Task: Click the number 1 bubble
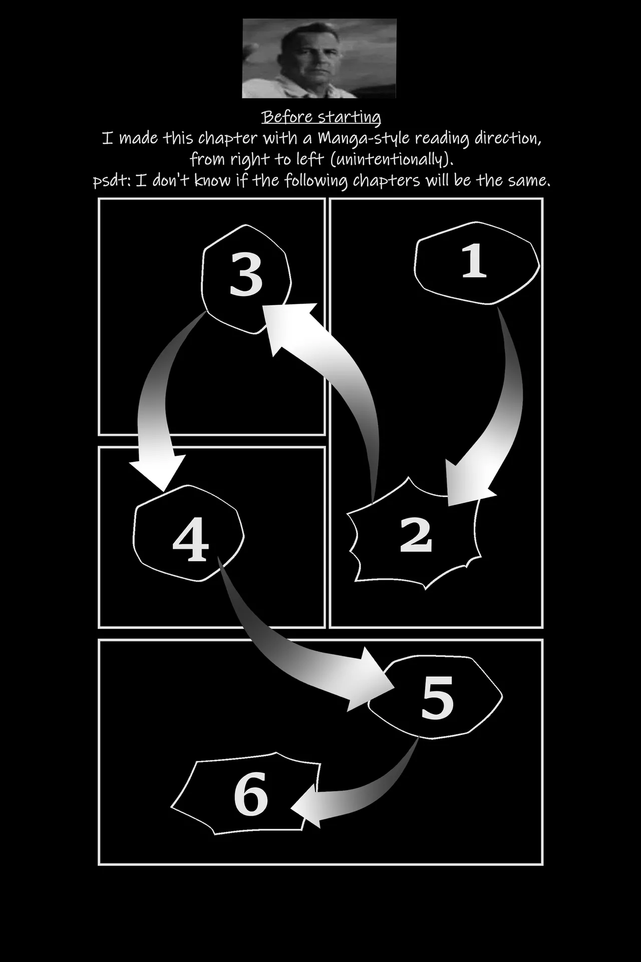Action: click(x=476, y=263)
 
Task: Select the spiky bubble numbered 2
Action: click(x=416, y=534)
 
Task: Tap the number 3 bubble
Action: click(x=246, y=279)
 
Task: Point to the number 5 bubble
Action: click(x=435, y=696)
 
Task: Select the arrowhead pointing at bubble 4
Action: click(x=159, y=471)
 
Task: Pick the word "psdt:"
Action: click(x=112, y=181)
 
